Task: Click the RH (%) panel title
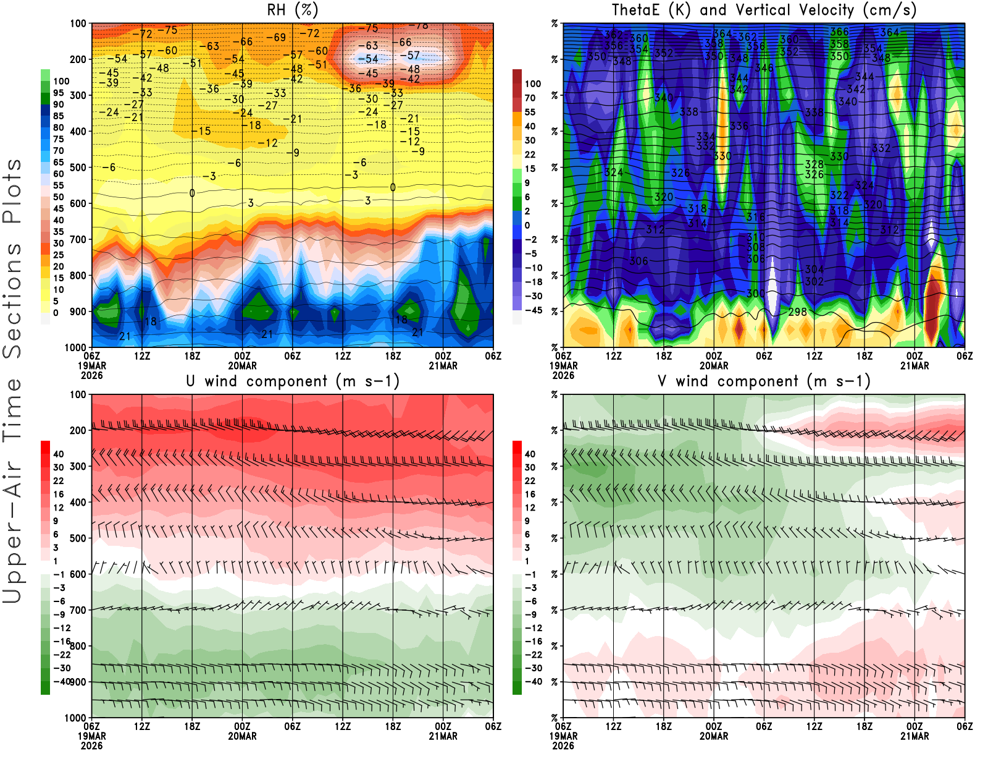(x=292, y=11)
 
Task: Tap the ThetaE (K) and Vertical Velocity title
(x=764, y=11)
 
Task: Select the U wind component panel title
(x=293, y=381)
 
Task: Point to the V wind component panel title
(x=764, y=381)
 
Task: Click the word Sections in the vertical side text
(x=12, y=299)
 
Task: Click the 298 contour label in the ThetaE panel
(x=797, y=312)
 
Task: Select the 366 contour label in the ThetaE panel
(x=839, y=32)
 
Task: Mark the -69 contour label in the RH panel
(x=276, y=38)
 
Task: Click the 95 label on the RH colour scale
(x=59, y=93)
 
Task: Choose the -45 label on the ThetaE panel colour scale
(x=533, y=310)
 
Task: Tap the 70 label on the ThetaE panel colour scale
(x=530, y=98)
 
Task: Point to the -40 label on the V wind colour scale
(x=533, y=682)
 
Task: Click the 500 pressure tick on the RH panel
(x=78, y=168)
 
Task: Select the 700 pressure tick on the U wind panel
(x=78, y=610)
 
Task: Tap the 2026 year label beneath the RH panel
(x=91, y=375)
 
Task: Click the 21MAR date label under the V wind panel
(x=915, y=736)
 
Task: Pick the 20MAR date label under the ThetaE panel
(x=714, y=366)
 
